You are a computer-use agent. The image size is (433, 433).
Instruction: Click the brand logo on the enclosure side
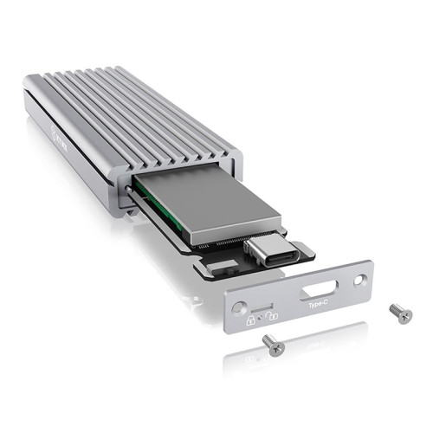point(61,136)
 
